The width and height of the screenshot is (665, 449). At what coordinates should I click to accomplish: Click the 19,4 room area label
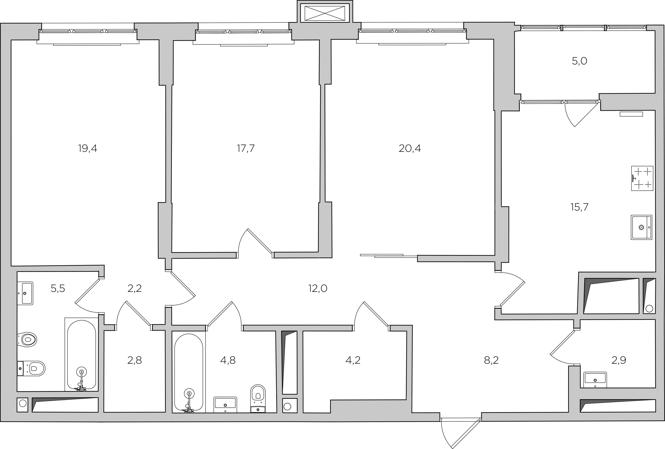point(88,148)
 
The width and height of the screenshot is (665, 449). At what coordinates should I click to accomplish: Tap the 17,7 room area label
point(246,148)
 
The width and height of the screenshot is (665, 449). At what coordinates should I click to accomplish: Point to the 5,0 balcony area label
point(580,61)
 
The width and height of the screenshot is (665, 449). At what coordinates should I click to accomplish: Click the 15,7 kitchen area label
point(579,207)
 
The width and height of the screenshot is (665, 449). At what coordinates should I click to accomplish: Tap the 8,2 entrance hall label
point(491,360)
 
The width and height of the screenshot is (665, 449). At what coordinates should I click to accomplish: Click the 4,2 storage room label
point(353,360)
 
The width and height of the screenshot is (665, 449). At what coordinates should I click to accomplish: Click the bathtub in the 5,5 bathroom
point(82,355)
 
